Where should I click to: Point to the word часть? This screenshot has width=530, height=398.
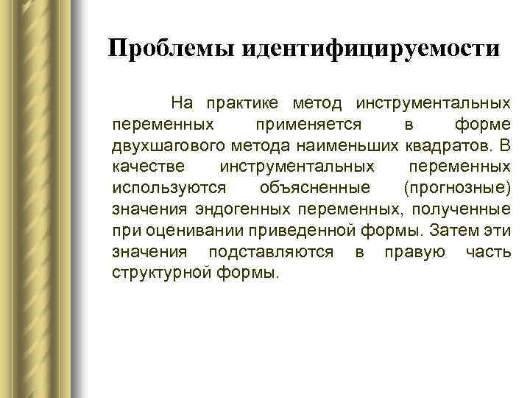tap(488, 253)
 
